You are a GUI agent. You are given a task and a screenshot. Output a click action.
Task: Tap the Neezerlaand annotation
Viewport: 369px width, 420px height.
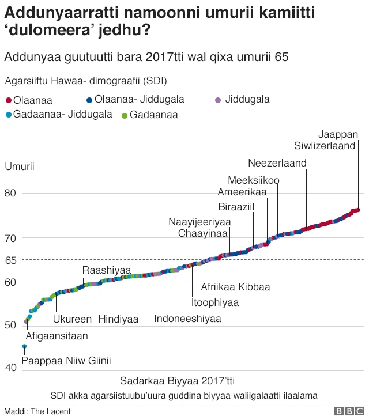tap(277, 163)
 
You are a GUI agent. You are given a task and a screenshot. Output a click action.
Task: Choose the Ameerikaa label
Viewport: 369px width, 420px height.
tap(242, 192)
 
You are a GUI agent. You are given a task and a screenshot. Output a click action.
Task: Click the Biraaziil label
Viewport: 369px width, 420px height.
tap(236, 207)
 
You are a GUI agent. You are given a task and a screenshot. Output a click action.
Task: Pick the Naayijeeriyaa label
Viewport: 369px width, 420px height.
tap(199, 222)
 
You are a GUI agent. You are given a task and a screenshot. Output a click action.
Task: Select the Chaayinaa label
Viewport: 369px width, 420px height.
tap(203, 233)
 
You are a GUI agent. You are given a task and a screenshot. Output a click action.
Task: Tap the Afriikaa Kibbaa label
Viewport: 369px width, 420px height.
tap(235, 286)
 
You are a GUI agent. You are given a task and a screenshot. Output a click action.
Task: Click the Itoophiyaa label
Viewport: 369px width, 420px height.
tap(215, 302)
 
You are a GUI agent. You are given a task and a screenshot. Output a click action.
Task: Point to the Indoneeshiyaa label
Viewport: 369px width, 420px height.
tap(187, 318)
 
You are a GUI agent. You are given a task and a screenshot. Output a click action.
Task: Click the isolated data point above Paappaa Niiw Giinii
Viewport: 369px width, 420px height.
tap(24, 346)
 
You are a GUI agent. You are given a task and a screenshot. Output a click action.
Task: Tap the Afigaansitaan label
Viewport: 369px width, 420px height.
tap(57, 335)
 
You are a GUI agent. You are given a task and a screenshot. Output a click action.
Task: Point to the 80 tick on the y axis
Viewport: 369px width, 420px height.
tap(12, 193)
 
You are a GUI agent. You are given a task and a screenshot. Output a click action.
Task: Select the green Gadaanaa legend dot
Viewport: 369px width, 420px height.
tap(125, 115)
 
